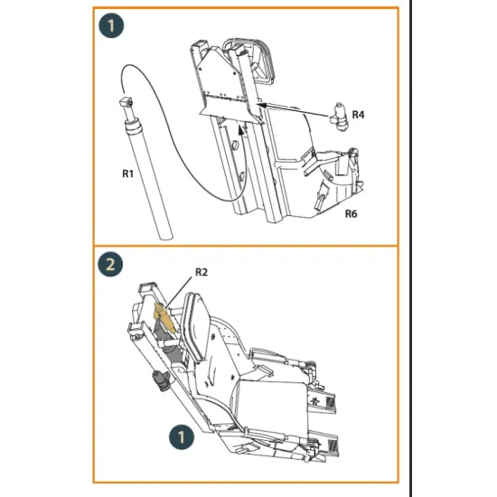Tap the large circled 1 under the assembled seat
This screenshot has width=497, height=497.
coord(183,437)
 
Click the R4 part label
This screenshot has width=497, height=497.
coord(358,115)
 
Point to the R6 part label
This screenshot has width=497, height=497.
coord(352,214)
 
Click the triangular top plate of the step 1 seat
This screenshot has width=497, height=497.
coord(221,77)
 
